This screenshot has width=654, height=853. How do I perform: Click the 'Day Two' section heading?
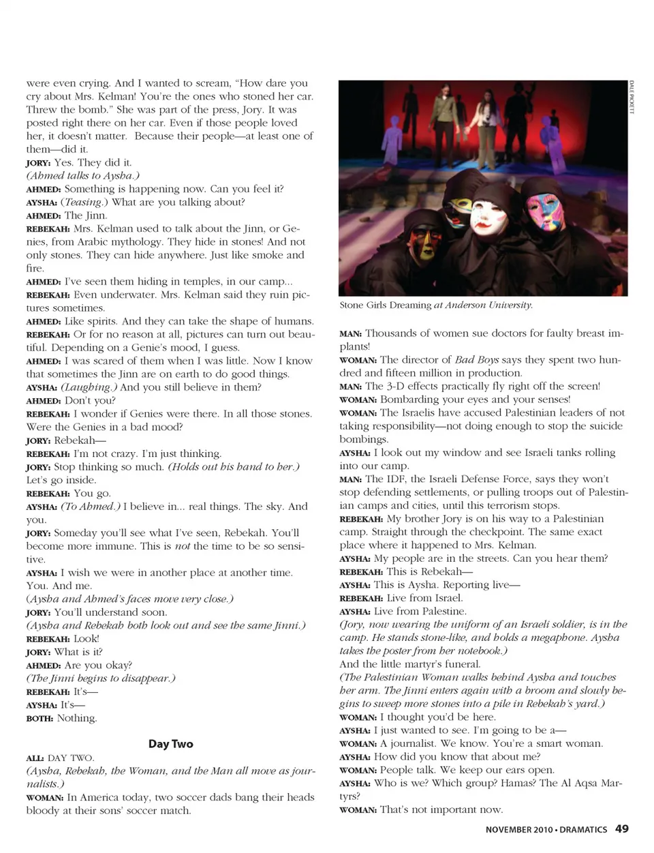pos(170,744)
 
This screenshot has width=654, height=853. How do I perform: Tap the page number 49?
pos(621,829)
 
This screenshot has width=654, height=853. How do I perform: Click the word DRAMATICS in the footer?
pos(583,830)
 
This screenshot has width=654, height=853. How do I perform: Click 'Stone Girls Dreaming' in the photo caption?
pos(386,305)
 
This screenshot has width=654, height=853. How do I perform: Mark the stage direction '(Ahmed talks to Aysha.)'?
pos(82,176)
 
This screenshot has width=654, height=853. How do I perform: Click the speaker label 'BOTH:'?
pos(40,719)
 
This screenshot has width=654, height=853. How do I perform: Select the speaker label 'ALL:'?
pos(35,758)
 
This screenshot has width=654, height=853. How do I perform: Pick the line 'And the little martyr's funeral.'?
pos(410,664)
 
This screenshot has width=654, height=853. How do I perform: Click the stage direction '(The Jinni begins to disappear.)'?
pos(101,678)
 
